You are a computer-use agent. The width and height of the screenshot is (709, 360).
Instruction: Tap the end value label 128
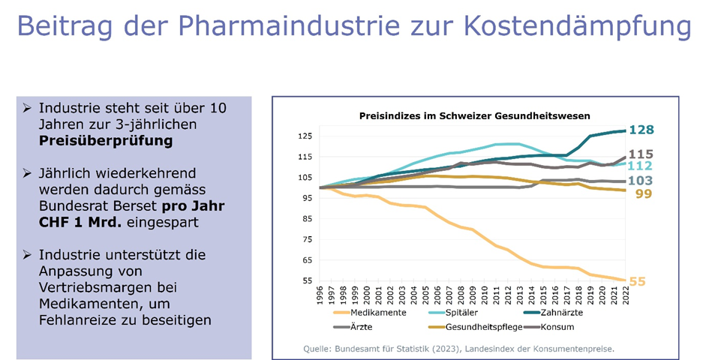(x=641, y=130)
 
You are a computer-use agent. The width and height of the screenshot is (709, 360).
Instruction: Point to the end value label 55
(x=637, y=282)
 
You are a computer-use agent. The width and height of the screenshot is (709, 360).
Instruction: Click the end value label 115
(x=641, y=154)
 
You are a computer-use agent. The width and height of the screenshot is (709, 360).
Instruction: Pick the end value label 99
(x=642, y=194)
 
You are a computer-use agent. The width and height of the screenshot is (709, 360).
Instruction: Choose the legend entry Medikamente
(x=376, y=311)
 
